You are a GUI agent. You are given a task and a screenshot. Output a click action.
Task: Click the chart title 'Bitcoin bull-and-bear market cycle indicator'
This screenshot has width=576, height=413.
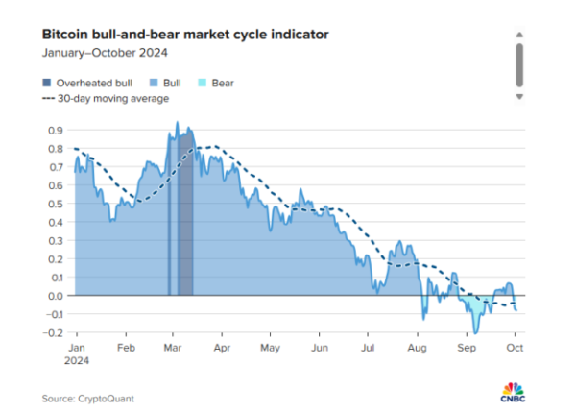point(185,35)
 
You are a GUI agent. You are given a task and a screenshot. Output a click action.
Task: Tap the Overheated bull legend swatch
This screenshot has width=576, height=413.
point(47,82)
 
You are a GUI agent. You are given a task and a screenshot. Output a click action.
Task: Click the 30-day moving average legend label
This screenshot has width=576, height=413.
point(113,98)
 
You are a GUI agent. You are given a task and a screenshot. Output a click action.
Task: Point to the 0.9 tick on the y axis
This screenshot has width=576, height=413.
point(56,130)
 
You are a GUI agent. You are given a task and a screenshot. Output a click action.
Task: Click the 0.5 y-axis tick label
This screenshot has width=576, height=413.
point(56,204)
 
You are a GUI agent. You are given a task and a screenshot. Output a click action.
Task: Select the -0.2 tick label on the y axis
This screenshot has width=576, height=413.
point(54,332)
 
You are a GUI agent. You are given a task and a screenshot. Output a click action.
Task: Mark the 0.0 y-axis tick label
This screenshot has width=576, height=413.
point(56,296)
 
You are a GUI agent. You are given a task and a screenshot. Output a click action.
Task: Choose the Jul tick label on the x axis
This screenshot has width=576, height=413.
point(369,346)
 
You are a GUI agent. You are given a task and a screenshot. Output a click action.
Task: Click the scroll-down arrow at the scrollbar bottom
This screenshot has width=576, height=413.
point(519,97)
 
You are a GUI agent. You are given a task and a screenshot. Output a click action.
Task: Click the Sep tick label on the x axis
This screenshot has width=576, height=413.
point(468,346)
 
